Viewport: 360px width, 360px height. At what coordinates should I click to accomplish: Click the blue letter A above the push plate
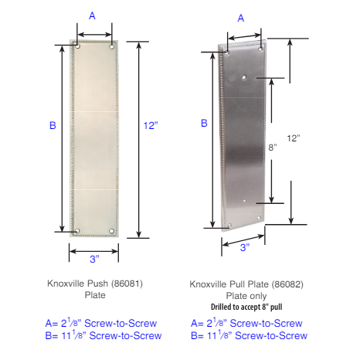93,15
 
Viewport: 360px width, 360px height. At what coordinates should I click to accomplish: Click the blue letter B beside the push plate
53,125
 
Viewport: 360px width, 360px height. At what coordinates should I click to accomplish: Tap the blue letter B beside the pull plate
204,123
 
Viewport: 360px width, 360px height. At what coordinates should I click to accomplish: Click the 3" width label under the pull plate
245,248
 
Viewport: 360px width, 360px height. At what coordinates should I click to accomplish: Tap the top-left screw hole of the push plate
78,47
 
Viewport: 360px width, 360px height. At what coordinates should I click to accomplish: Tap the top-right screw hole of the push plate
112,47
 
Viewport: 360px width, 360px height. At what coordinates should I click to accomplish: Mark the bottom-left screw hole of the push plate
78,230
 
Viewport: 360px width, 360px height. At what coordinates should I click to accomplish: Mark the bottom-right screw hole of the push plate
112,230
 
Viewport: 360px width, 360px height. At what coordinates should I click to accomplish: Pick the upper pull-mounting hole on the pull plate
245,77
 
